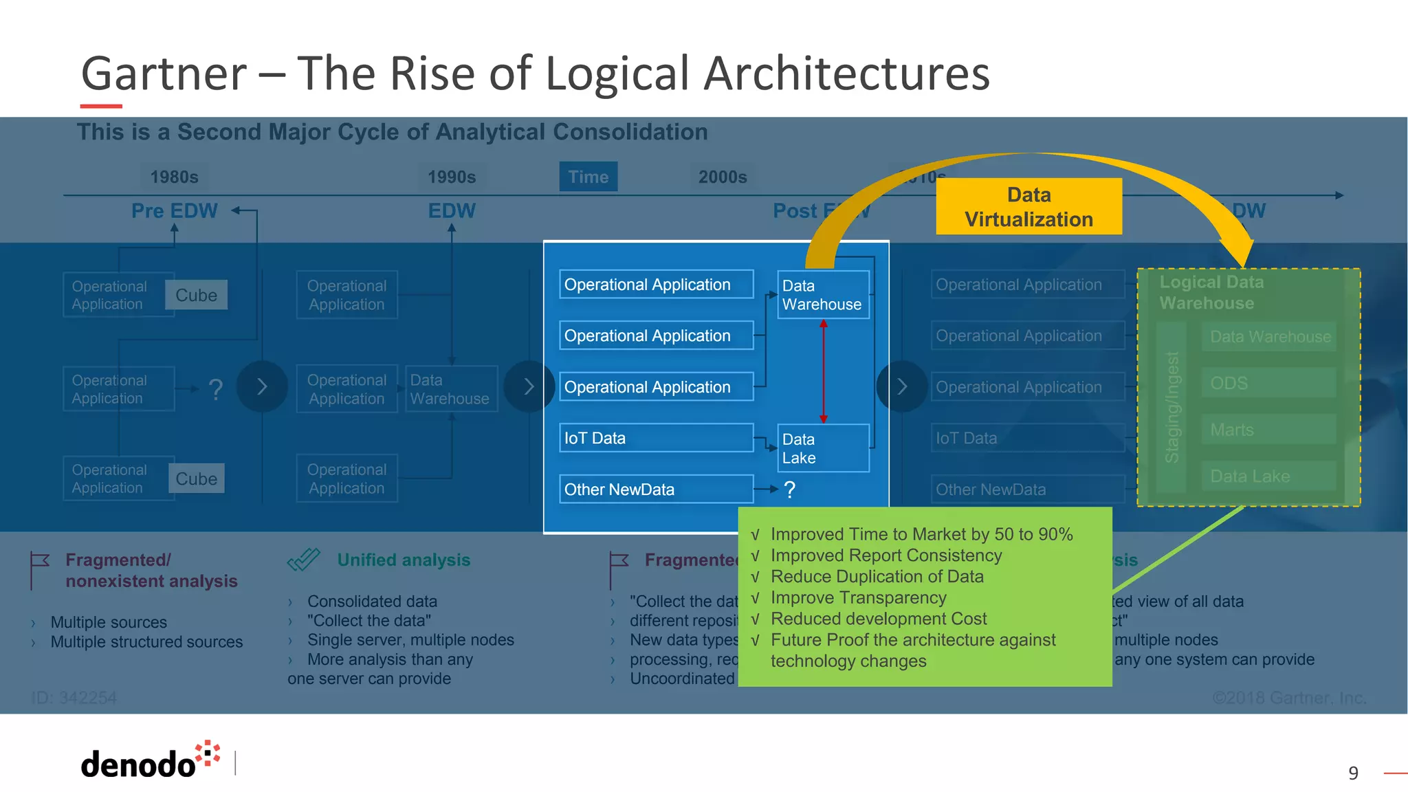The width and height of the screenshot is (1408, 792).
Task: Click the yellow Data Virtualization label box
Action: coord(1028,206)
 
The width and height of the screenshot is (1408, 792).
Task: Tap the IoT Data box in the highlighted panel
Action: coord(656,438)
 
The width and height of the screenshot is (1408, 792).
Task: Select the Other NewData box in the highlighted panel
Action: coord(656,489)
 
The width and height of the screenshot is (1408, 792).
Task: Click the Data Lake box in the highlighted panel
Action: coord(823,448)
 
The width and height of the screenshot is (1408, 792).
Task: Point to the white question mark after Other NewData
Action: coord(790,489)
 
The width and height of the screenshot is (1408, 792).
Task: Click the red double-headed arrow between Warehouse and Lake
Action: coord(823,371)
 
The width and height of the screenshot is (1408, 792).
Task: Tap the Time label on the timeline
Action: coord(588,177)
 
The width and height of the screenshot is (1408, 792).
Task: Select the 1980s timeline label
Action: coord(174,177)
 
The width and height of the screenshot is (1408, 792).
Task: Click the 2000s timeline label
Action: coord(723,177)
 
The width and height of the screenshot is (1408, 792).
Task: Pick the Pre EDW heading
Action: coord(174,210)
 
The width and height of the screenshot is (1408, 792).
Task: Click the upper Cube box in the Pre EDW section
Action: coord(196,295)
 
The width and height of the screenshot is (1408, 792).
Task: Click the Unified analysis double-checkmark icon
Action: coord(304,560)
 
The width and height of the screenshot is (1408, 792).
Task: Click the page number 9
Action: coord(1353,773)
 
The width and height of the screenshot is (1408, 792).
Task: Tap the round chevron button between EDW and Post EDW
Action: coord(528,386)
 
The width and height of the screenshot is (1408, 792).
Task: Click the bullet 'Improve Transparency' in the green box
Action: coord(858,597)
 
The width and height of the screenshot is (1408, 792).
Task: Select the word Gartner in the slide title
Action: coord(164,73)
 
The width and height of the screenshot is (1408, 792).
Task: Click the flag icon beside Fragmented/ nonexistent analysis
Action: coord(39,568)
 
